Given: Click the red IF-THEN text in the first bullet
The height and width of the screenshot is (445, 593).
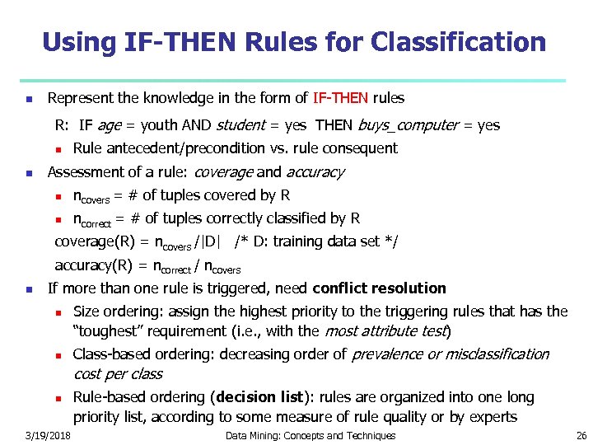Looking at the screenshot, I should click(340, 98).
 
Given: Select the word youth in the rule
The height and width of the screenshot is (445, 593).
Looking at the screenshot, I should click(156, 125).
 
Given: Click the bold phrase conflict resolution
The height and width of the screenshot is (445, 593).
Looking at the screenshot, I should click(380, 288).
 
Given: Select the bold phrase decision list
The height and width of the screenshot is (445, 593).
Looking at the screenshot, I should click(262, 397).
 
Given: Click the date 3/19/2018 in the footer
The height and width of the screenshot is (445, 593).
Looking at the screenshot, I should click(48, 435).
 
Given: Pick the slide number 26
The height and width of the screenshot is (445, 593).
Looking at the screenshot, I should click(581, 435).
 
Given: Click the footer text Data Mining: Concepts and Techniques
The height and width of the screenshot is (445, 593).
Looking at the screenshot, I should click(311, 435).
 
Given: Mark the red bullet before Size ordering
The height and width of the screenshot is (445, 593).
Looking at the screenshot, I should click(58, 312).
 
